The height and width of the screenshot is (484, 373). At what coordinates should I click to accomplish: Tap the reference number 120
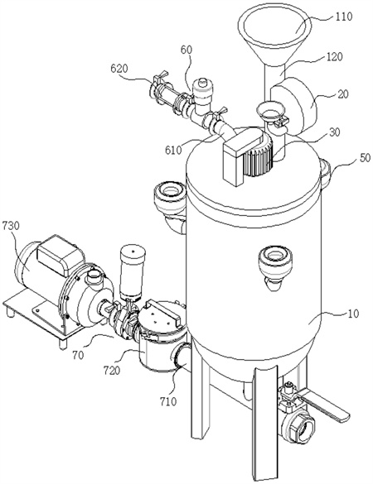point(333,57)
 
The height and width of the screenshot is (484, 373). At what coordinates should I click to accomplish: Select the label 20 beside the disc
point(342,93)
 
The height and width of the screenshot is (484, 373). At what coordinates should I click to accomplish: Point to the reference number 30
point(334,132)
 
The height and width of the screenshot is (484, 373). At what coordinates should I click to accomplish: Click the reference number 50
point(365,158)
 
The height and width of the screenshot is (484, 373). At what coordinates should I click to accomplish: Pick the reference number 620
point(119,69)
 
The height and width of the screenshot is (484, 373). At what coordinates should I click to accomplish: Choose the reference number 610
point(173,150)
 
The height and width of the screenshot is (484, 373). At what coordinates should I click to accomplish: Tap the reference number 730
point(11,226)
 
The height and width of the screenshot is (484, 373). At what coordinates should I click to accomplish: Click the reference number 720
point(112,370)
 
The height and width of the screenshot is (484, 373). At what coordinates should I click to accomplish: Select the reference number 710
point(168,401)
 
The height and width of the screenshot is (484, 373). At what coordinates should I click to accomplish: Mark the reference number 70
point(79,355)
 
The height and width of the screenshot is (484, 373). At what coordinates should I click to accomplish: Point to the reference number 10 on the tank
point(353,314)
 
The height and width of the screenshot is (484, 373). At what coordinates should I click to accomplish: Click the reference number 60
point(186,50)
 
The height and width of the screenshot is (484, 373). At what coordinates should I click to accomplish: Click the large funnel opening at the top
point(274,26)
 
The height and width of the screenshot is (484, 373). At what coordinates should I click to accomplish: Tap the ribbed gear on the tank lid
point(259,156)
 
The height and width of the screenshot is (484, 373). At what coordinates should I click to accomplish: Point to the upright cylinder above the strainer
point(133,271)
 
